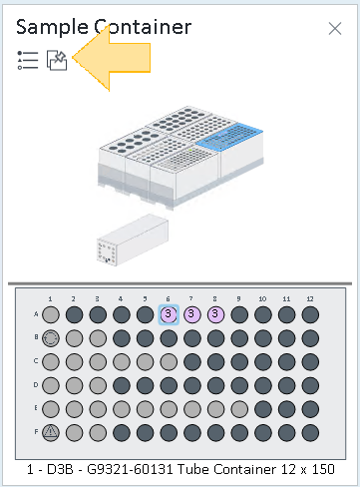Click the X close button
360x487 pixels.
coord(335,29)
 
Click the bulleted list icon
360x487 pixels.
coord(28,60)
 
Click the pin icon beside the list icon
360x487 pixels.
coord(57,60)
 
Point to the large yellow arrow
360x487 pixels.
coord(112,58)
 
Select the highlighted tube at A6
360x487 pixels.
coord(169,314)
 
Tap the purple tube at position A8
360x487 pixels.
coord(215,314)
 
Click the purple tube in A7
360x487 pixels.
coord(191,314)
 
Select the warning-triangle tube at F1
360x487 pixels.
coord(51,433)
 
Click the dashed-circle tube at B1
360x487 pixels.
coord(51,338)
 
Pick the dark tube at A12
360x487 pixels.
coord(310,314)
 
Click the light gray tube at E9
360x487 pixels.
coord(239,409)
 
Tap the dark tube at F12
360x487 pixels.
coord(310,433)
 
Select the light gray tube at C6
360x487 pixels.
coord(169,362)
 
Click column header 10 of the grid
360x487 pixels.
coord(262,298)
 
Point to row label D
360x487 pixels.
coord(36,385)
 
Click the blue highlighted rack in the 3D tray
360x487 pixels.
coord(230,137)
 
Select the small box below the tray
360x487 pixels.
coord(133,240)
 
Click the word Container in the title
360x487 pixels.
coord(143,27)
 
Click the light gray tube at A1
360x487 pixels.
coord(51,314)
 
